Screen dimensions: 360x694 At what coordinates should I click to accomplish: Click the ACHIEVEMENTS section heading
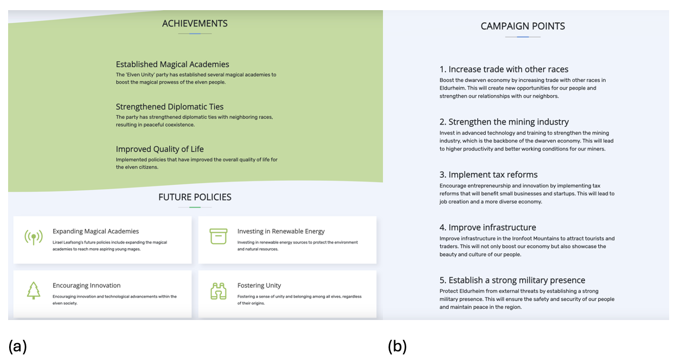(x=195, y=23)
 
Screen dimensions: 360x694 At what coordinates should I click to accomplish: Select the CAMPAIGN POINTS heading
(x=523, y=26)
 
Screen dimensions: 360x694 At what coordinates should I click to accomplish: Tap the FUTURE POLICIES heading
(x=195, y=197)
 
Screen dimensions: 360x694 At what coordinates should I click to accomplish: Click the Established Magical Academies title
(x=172, y=64)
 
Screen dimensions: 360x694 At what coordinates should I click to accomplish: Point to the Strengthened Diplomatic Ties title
(x=169, y=107)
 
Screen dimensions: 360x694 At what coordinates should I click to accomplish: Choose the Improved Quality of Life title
(x=160, y=149)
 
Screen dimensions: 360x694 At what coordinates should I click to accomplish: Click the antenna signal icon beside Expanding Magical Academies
(x=33, y=237)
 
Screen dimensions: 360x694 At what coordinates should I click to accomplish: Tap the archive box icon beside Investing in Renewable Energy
(x=218, y=236)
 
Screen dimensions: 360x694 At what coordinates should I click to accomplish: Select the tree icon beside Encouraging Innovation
(x=33, y=291)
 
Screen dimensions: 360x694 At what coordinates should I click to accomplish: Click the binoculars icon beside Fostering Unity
(x=218, y=291)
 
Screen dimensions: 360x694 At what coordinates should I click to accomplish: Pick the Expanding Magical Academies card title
(x=96, y=231)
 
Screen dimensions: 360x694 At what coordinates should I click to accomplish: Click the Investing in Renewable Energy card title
(x=281, y=231)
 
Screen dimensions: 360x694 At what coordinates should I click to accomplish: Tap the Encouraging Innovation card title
(x=87, y=286)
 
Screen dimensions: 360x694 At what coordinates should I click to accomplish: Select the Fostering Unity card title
(x=259, y=286)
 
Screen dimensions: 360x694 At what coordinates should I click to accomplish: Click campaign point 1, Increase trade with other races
(x=504, y=69)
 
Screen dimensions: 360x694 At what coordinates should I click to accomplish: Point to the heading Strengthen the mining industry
(x=504, y=122)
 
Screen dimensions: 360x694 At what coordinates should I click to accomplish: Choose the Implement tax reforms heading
(x=488, y=175)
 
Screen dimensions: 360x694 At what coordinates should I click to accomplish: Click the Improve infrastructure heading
(x=487, y=227)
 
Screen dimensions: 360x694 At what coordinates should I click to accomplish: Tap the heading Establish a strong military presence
(x=512, y=280)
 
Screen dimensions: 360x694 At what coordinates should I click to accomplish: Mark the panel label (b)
(x=397, y=347)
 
